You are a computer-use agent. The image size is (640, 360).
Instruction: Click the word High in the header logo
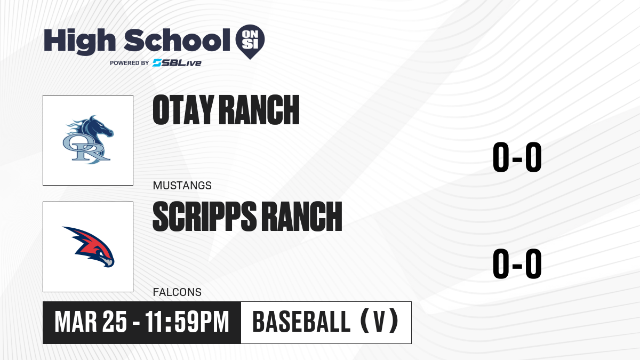(79, 41)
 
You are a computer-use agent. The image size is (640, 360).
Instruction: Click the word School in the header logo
(177, 40)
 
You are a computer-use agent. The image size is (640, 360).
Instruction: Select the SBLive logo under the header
(177, 63)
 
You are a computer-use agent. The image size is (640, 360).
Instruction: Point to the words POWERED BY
(130, 63)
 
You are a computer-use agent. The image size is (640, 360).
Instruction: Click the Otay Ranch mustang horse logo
(88, 140)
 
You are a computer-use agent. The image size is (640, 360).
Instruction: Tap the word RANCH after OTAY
(259, 110)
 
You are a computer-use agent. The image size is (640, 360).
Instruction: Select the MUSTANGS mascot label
(182, 186)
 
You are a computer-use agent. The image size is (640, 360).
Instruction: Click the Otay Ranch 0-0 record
(517, 157)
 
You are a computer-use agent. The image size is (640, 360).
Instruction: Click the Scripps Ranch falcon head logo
(89, 247)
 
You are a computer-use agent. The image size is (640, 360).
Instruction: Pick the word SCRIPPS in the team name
(205, 217)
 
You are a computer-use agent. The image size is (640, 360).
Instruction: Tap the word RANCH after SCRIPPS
(302, 217)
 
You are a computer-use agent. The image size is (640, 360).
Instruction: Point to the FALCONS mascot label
(177, 292)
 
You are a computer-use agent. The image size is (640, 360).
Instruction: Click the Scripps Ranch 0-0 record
(517, 263)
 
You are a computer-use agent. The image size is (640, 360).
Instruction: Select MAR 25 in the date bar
(91, 322)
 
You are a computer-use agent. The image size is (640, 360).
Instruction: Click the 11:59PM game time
(187, 322)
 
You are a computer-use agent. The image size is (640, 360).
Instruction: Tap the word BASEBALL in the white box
(301, 322)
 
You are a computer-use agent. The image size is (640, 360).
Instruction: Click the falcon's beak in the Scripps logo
(109, 263)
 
